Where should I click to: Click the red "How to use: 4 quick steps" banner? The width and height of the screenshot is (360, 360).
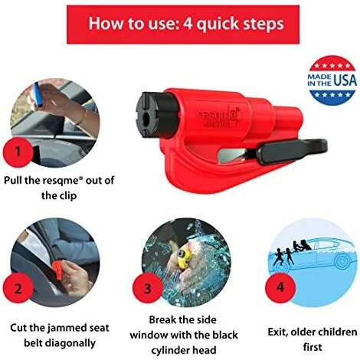183,25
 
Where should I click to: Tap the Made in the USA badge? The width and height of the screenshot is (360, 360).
332,80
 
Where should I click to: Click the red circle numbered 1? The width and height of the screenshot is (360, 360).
18,152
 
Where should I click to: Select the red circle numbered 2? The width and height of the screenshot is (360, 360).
18,289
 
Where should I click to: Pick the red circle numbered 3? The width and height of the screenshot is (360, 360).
148,289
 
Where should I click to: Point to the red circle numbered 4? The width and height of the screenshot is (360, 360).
280,288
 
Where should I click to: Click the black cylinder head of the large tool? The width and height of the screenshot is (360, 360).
156,115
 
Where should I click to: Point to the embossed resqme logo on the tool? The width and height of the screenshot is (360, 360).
219,117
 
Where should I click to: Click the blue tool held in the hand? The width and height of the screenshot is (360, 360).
38,95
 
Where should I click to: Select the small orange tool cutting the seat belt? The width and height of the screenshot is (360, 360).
58,270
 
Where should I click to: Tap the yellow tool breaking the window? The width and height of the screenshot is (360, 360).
182,258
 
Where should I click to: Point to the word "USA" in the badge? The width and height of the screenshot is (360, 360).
345,80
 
